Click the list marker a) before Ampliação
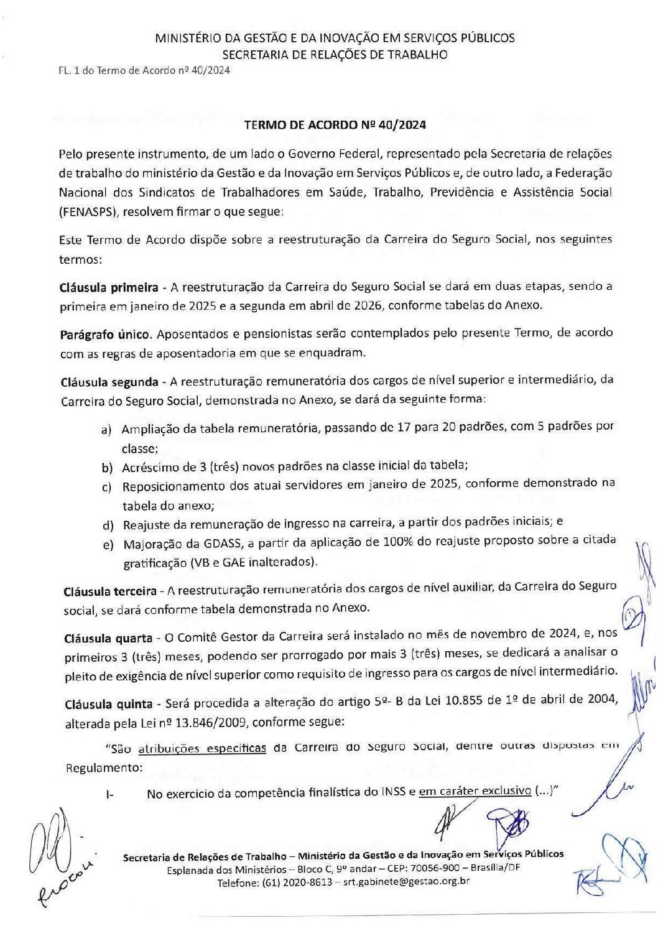107,430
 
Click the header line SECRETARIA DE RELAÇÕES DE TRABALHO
335,55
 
